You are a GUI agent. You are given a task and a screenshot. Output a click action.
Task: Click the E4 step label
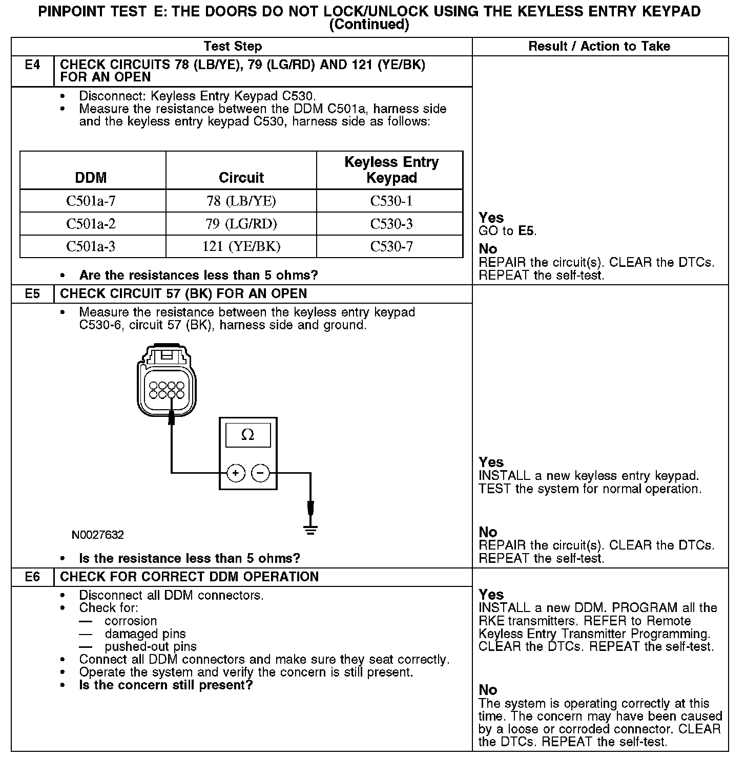(x=32, y=65)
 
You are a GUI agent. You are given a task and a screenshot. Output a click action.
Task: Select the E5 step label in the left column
(x=32, y=294)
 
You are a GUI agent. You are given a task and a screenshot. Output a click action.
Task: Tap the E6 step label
(x=32, y=577)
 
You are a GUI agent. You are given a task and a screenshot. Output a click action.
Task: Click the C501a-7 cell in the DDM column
(x=91, y=201)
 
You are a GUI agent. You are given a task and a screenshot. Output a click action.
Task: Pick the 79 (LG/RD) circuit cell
(x=241, y=224)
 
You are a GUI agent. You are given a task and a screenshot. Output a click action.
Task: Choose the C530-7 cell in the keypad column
(x=391, y=247)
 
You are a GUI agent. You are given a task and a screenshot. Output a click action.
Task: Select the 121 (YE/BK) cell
(x=241, y=247)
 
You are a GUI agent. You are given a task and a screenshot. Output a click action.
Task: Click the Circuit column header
(x=241, y=178)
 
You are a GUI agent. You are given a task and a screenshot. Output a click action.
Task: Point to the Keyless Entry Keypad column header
(x=391, y=170)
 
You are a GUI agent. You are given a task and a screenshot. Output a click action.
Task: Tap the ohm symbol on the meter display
(x=248, y=435)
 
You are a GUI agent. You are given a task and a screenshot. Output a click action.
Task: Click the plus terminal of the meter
(x=236, y=473)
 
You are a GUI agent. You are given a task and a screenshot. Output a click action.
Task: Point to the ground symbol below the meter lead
(x=310, y=529)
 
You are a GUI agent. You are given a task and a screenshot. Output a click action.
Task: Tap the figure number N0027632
(x=98, y=535)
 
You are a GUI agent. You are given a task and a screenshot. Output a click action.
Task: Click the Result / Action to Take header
(x=599, y=47)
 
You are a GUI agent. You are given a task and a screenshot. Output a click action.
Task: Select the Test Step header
(x=233, y=47)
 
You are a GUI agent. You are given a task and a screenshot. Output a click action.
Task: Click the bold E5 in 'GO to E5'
(x=527, y=231)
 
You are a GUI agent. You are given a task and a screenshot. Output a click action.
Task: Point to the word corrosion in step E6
(x=131, y=621)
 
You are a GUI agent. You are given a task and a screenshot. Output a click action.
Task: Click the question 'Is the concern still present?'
(x=166, y=685)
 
